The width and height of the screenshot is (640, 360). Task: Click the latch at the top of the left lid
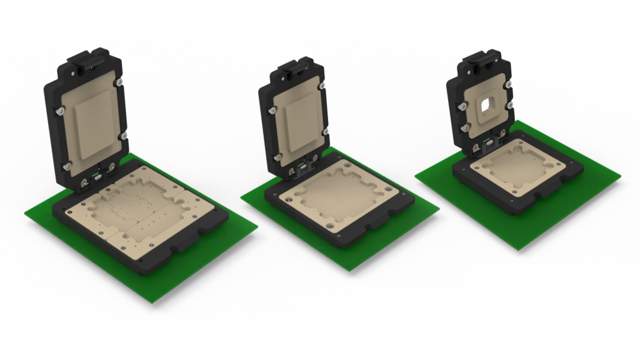[87, 59]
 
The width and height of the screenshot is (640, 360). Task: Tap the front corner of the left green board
[152, 302]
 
